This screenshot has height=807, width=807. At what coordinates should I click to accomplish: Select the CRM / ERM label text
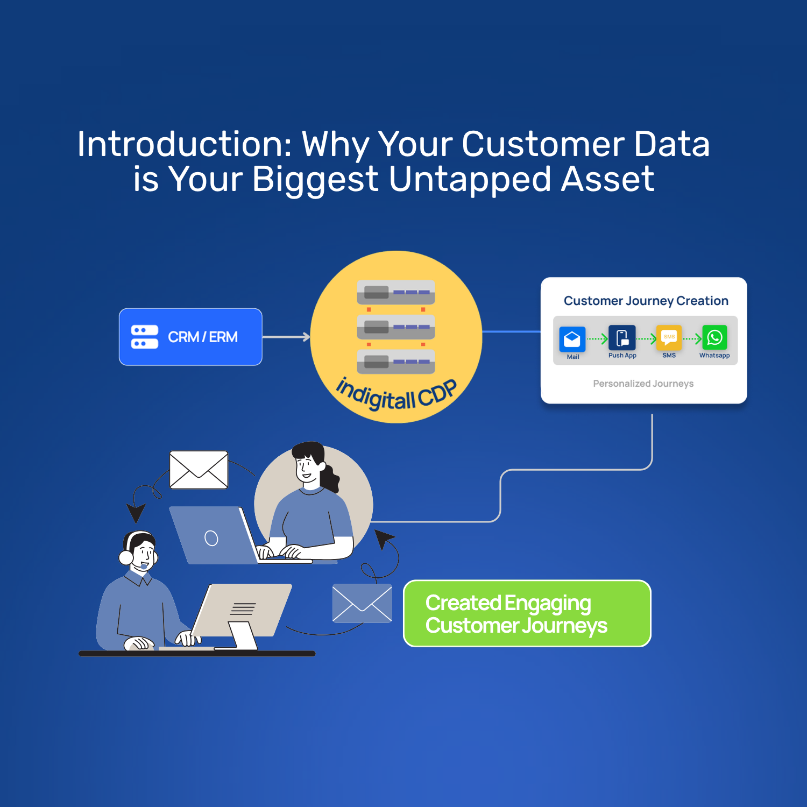pos(203,337)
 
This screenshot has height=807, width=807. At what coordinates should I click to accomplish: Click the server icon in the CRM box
pos(145,337)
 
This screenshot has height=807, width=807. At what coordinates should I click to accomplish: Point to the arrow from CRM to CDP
pos(286,337)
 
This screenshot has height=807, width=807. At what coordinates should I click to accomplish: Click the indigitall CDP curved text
pos(396,395)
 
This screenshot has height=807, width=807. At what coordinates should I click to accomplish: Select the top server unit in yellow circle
pos(396,293)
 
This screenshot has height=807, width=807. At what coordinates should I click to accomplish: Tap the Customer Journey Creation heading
pos(646,301)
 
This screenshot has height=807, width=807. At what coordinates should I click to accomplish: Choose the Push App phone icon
pos(622,338)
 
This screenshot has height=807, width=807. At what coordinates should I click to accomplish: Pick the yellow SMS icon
pos(669,338)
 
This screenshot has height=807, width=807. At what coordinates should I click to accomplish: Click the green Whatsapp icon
pos(714,338)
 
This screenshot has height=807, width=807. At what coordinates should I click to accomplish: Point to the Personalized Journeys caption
pos(643,384)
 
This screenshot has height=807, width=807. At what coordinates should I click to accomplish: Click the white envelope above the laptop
pos(199,470)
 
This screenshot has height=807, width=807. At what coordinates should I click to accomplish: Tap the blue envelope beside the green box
pos(362,603)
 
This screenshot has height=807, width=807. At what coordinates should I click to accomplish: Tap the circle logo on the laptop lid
pos(211,538)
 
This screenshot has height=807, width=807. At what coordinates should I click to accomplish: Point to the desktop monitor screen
pos(243,608)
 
